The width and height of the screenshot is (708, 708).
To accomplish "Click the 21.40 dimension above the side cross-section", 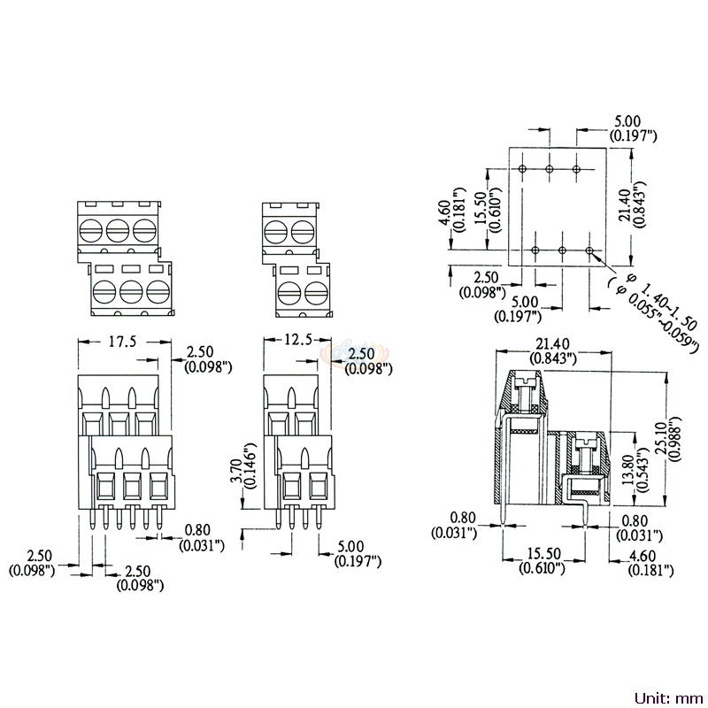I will click(x=553, y=350).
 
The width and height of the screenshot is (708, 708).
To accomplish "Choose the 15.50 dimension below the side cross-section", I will click(x=543, y=560).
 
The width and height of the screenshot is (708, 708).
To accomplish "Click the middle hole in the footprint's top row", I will click(x=550, y=169).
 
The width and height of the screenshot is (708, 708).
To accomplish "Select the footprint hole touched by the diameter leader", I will click(x=589, y=250).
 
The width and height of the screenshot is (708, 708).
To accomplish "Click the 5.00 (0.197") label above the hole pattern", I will click(x=633, y=128).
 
